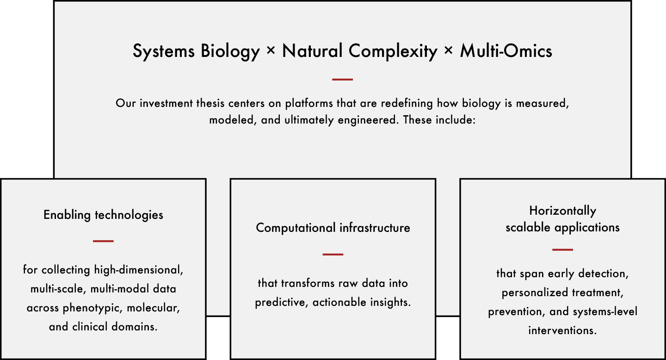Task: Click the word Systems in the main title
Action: (164, 51)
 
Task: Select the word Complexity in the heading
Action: (393, 51)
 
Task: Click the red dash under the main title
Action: (343, 80)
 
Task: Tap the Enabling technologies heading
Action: (103, 215)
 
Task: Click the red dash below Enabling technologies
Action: (103, 241)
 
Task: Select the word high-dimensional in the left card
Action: (139, 270)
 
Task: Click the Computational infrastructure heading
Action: (333, 228)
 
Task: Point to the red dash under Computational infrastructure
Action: (333, 254)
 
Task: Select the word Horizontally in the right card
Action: (562, 211)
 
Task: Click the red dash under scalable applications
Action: (562, 249)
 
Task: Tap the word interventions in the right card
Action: (562, 330)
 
